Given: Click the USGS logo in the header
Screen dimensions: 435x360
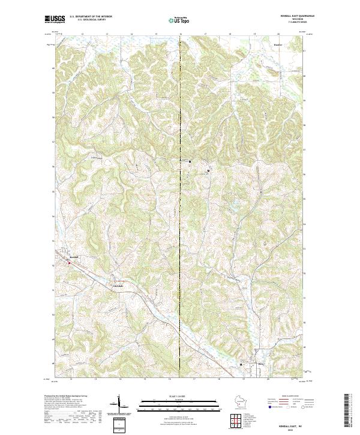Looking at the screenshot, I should click(x=53, y=19).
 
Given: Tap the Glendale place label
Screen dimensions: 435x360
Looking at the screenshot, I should click(x=118, y=285).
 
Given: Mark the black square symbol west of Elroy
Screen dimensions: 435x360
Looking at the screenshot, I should click(x=241, y=364).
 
